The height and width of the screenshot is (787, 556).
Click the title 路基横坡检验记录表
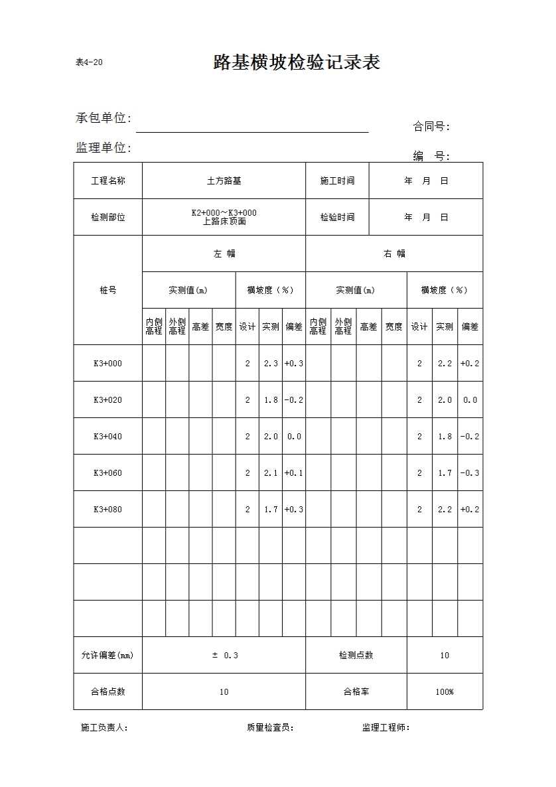click(297, 62)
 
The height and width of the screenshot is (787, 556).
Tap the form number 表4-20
click(89, 63)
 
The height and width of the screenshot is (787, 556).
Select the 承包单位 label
click(103, 118)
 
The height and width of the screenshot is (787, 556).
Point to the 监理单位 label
click(103, 148)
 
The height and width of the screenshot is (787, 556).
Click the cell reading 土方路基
click(224, 180)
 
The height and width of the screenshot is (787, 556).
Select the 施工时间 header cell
click(337, 180)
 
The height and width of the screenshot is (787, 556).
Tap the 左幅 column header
click(224, 253)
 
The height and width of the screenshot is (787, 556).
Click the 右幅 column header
click(394, 253)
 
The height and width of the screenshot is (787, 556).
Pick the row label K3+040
click(107, 436)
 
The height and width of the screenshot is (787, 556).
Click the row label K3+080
click(107, 509)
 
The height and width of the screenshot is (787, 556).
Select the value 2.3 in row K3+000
click(271, 363)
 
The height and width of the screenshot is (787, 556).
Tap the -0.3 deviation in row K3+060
click(470, 472)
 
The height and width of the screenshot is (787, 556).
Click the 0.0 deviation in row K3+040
click(294, 436)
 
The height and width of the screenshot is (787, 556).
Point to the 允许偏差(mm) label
click(107, 655)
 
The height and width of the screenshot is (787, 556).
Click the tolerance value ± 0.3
click(224, 655)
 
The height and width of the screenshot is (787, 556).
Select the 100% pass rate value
click(445, 691)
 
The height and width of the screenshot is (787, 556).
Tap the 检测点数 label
click(356, 655)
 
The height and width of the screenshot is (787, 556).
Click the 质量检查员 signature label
click(270, 727)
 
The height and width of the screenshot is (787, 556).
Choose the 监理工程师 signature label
click(386, 727)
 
